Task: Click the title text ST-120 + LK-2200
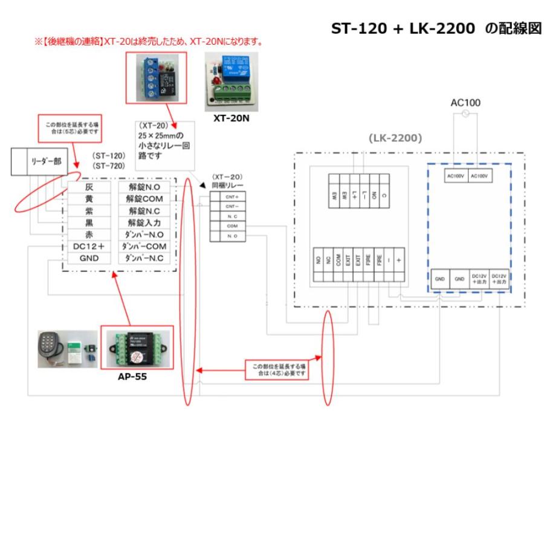tap(403, 29)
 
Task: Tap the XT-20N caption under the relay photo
tap(231, 119)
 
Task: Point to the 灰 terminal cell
tap(89, 187)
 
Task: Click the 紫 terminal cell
tap(89, 211)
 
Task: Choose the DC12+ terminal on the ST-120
tap(89, 247)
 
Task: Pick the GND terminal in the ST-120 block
tap(89, 258)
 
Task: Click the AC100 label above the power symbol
tap(465, 103)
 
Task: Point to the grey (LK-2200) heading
tap(394, 138)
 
